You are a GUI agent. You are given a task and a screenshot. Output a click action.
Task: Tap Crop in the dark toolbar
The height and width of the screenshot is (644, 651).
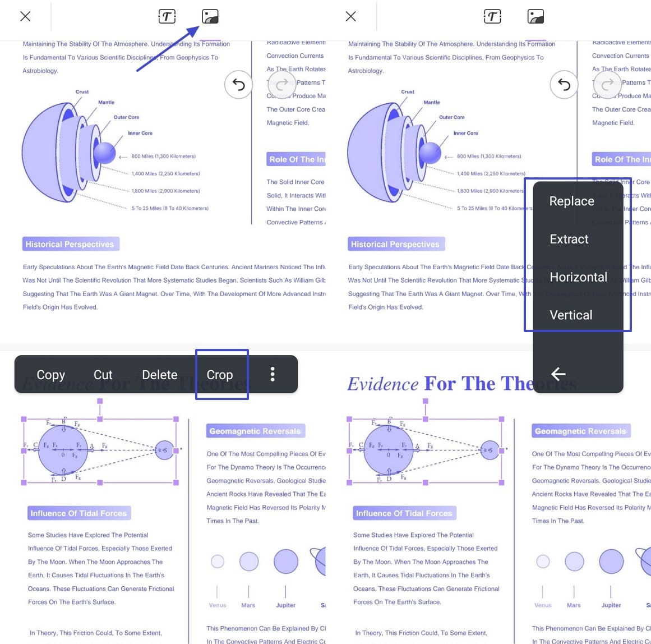pos(220,375)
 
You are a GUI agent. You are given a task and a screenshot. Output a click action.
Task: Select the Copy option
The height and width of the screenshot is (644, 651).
pos(50,375)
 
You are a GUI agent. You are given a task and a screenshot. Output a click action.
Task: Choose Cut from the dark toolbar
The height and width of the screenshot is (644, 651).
pos(103,375)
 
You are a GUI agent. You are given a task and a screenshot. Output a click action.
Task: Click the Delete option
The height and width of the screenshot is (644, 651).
pos(159,375)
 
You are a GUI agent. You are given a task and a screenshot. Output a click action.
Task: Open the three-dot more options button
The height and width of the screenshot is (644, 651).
pos(273,375)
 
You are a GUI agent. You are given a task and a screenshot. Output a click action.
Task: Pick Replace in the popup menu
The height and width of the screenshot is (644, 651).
pos(571,201)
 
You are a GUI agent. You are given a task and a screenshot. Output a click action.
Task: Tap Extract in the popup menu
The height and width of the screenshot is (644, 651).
pos(569,240)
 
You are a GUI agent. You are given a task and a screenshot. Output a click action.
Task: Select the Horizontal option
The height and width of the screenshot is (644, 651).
pos(578,277)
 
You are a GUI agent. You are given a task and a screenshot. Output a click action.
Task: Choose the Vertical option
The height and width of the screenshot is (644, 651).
pos(571,315)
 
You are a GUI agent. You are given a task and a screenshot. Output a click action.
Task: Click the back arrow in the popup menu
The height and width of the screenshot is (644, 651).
pos(558,374)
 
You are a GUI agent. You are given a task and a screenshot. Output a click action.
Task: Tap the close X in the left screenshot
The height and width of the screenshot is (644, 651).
pos(25,16)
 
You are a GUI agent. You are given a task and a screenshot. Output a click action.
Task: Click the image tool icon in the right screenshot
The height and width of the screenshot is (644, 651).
pos(535,16)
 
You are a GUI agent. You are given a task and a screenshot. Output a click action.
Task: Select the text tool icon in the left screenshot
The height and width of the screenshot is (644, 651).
pos(167,16)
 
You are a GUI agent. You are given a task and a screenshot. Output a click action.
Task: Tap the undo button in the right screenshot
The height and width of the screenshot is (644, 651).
pos(564,85)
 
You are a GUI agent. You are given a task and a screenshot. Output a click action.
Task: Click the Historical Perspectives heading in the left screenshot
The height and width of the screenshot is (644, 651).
pos(70,244)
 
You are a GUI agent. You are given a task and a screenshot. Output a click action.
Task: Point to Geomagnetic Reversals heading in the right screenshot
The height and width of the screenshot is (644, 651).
pos(580,431)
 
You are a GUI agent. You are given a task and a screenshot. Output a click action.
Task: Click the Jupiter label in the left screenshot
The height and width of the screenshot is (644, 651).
pos(285,605)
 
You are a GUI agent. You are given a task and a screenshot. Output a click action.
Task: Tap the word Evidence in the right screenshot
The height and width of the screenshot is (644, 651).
pos(382,384)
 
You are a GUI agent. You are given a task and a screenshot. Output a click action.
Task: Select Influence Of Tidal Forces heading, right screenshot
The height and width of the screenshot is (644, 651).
pos(404,513)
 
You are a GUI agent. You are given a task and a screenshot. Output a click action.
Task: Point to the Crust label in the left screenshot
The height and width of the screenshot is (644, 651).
pos(82,91)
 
